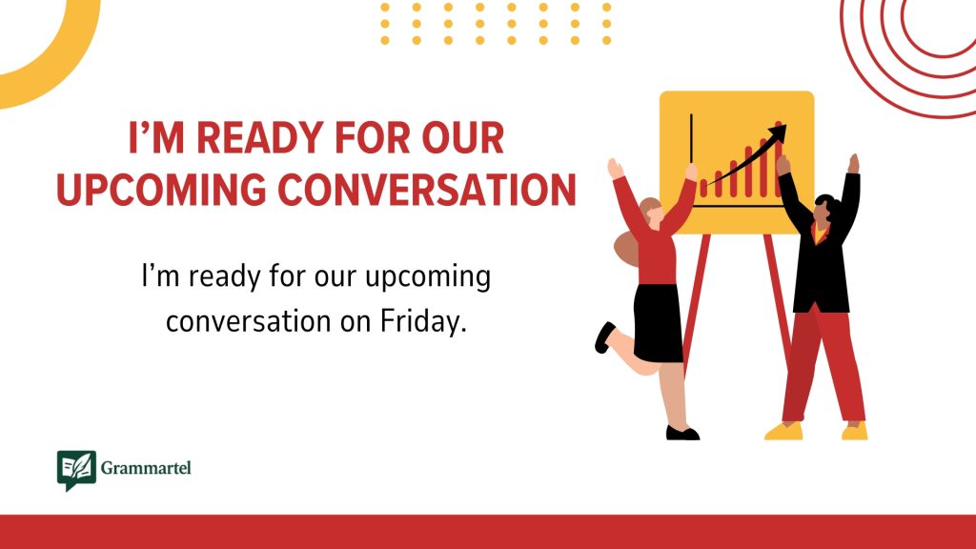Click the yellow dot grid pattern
(x=495, y=24)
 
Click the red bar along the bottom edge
(x=488, y=531)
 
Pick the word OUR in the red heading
(x=464, y=140)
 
